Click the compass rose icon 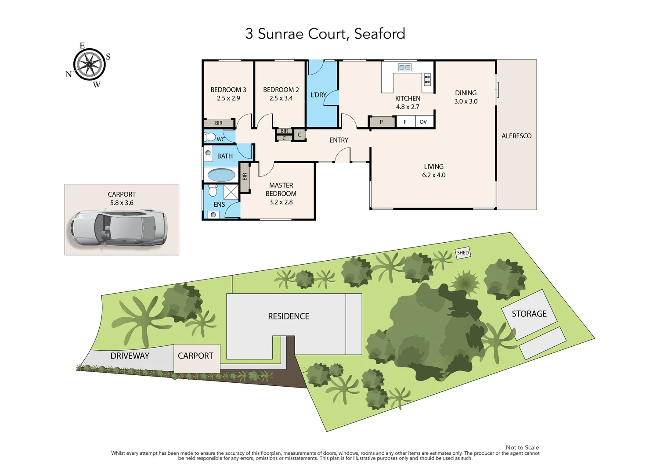(x=90, y=65)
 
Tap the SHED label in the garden (x=463, y=253)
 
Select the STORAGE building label (x=529, y=314)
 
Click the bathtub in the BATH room (x=221, y=175)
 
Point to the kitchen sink (x=404, y=67)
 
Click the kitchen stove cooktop (x=427, y=79)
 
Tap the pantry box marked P (x=381, y=122)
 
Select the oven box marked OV (x=423, y=122)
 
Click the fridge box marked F (x=405, y=122)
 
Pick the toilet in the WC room (x=210, y=137)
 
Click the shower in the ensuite (x=231, y=192)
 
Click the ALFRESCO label (x=516, y=136)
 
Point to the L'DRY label (x=318, y=95)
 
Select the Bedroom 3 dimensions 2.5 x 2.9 (x=228, y=98)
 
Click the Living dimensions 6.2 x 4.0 (x=433, y=175)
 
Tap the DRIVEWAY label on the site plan (x=130, y=356)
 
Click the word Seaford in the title (x=379, y=34)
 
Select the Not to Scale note (x=522, y=447)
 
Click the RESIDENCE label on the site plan (x=289, y=316)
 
